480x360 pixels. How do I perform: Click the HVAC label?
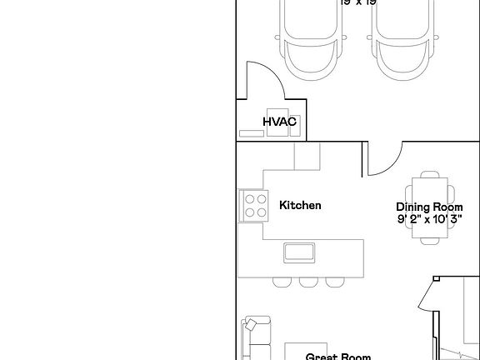click(x=280, y=122)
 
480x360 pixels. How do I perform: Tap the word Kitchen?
click(x=300, y=205)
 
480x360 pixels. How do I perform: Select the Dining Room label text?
click(x=429, y=207)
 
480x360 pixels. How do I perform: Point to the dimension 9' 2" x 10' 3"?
click(x=429, y=220)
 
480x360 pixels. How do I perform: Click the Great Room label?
click(x=337, y=357)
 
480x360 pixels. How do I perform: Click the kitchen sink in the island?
click(x=299, y=252)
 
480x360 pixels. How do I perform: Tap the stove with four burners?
click(x=254, y=205)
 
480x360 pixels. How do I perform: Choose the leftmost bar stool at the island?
click(x=281, y=280)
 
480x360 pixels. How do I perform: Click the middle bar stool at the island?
click(x=307, y=280)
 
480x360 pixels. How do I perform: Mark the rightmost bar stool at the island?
click(x=334, y=280)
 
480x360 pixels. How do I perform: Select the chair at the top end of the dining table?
click(x=430, y=174)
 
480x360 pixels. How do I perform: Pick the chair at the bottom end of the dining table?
click(x=430, y=242)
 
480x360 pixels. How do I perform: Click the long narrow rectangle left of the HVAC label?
click(x=249, y=132)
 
